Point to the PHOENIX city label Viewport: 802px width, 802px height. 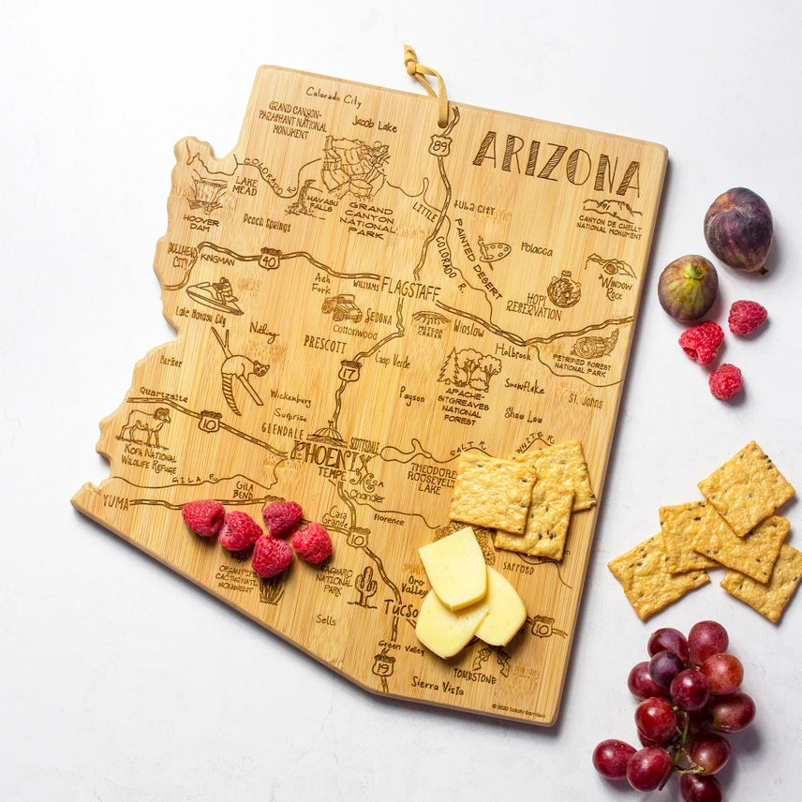(332, 456)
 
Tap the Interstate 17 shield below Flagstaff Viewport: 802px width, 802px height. (349, 371)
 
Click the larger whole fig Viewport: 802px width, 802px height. (738, 229)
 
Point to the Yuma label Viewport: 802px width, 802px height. (114, 501)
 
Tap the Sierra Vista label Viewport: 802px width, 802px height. (437, 686)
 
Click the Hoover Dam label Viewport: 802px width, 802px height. (200, 224)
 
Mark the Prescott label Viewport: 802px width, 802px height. (325, 343)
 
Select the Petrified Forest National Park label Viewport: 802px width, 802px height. (583, 366)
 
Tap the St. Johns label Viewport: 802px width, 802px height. (585, 401)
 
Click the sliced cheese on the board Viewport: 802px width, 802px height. (468, 592)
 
